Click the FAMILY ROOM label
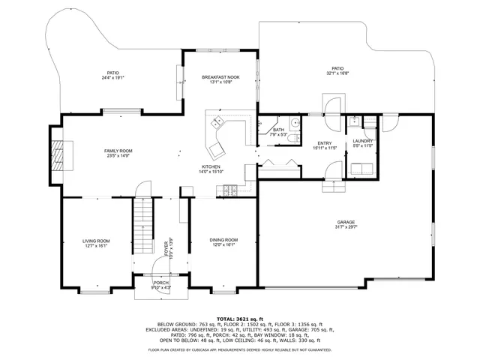point(118,151)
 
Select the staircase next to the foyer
point(142,226)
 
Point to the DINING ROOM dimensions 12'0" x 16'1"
point(223,244)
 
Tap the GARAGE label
point(345,223)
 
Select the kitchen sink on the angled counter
point(216,124)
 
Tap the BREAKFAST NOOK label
point(220,77)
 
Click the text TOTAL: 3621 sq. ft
point(239,319)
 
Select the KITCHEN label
point(210,166)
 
